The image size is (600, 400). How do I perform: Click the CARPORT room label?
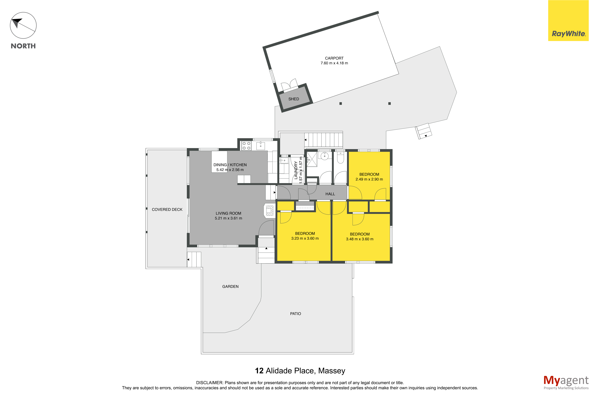pyautogui.click(x=334, y=58)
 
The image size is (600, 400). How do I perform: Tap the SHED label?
pyautogui.click(x=293, y=99)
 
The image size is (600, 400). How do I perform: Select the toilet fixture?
pyautogui.click(x=340, y=157)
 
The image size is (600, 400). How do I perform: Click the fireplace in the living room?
pyautogui.click(x=269, y=211)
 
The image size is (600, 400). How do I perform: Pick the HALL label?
pyautogui.click(x=330, y=194)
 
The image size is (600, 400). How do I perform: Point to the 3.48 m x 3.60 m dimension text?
pyautogui.click(x=360, y=239)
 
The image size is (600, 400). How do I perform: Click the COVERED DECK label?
pyautogui.click(x=167, y=209)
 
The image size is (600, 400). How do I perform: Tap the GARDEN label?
pyautogui.click(x=230, y=287)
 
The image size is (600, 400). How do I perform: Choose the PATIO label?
pyautogui.click(x=295, y=313)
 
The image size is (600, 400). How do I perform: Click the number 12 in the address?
pyautogui.click(x=259, y=371)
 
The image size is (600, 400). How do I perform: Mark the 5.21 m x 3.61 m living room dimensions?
pyautogui.click(x=228, y=218)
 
